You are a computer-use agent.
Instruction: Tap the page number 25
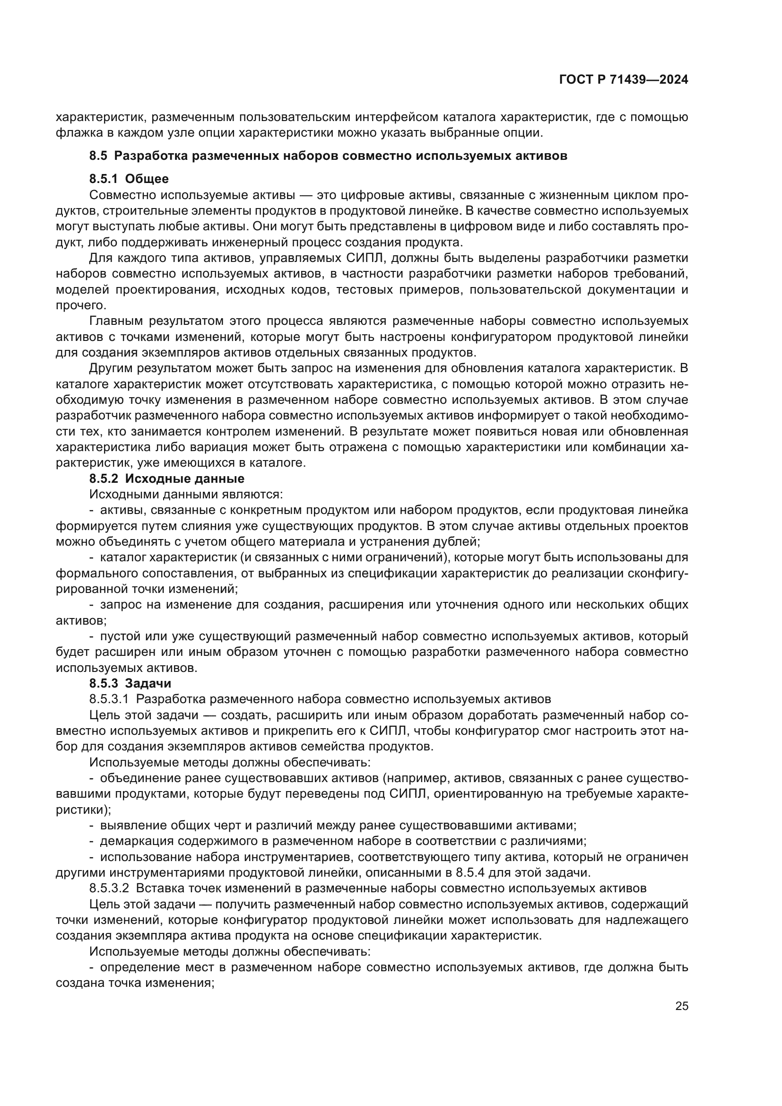click(x=681, y=1006)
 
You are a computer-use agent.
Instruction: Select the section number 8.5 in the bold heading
click(x=98, y=156)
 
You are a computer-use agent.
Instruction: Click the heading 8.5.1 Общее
click(x=129, y=179)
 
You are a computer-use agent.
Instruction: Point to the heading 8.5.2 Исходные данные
click(x=166, y=479)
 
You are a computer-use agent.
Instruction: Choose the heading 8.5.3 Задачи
click(x=130, y=683)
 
